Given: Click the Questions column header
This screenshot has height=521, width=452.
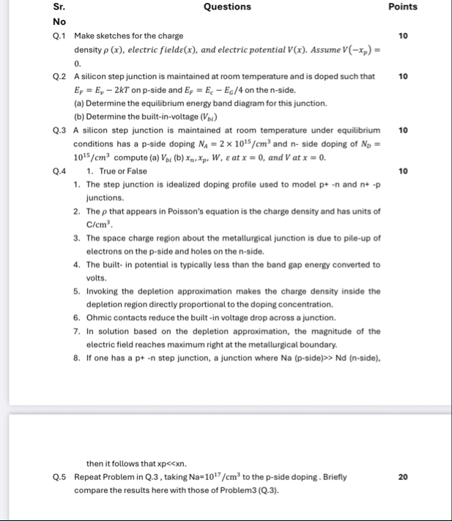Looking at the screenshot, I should point(226,7).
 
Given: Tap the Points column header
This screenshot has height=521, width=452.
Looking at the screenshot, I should point(402,7).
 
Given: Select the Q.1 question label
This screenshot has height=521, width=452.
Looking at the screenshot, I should point(61,36).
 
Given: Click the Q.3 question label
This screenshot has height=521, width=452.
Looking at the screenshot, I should point(61,130).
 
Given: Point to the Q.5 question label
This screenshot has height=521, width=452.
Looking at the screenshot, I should point(61,477).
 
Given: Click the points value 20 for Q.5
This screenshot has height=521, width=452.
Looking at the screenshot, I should point(402,477).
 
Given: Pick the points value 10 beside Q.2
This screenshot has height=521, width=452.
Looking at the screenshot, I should point(402,76).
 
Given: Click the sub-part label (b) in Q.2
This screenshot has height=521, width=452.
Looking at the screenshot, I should point(81,117).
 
